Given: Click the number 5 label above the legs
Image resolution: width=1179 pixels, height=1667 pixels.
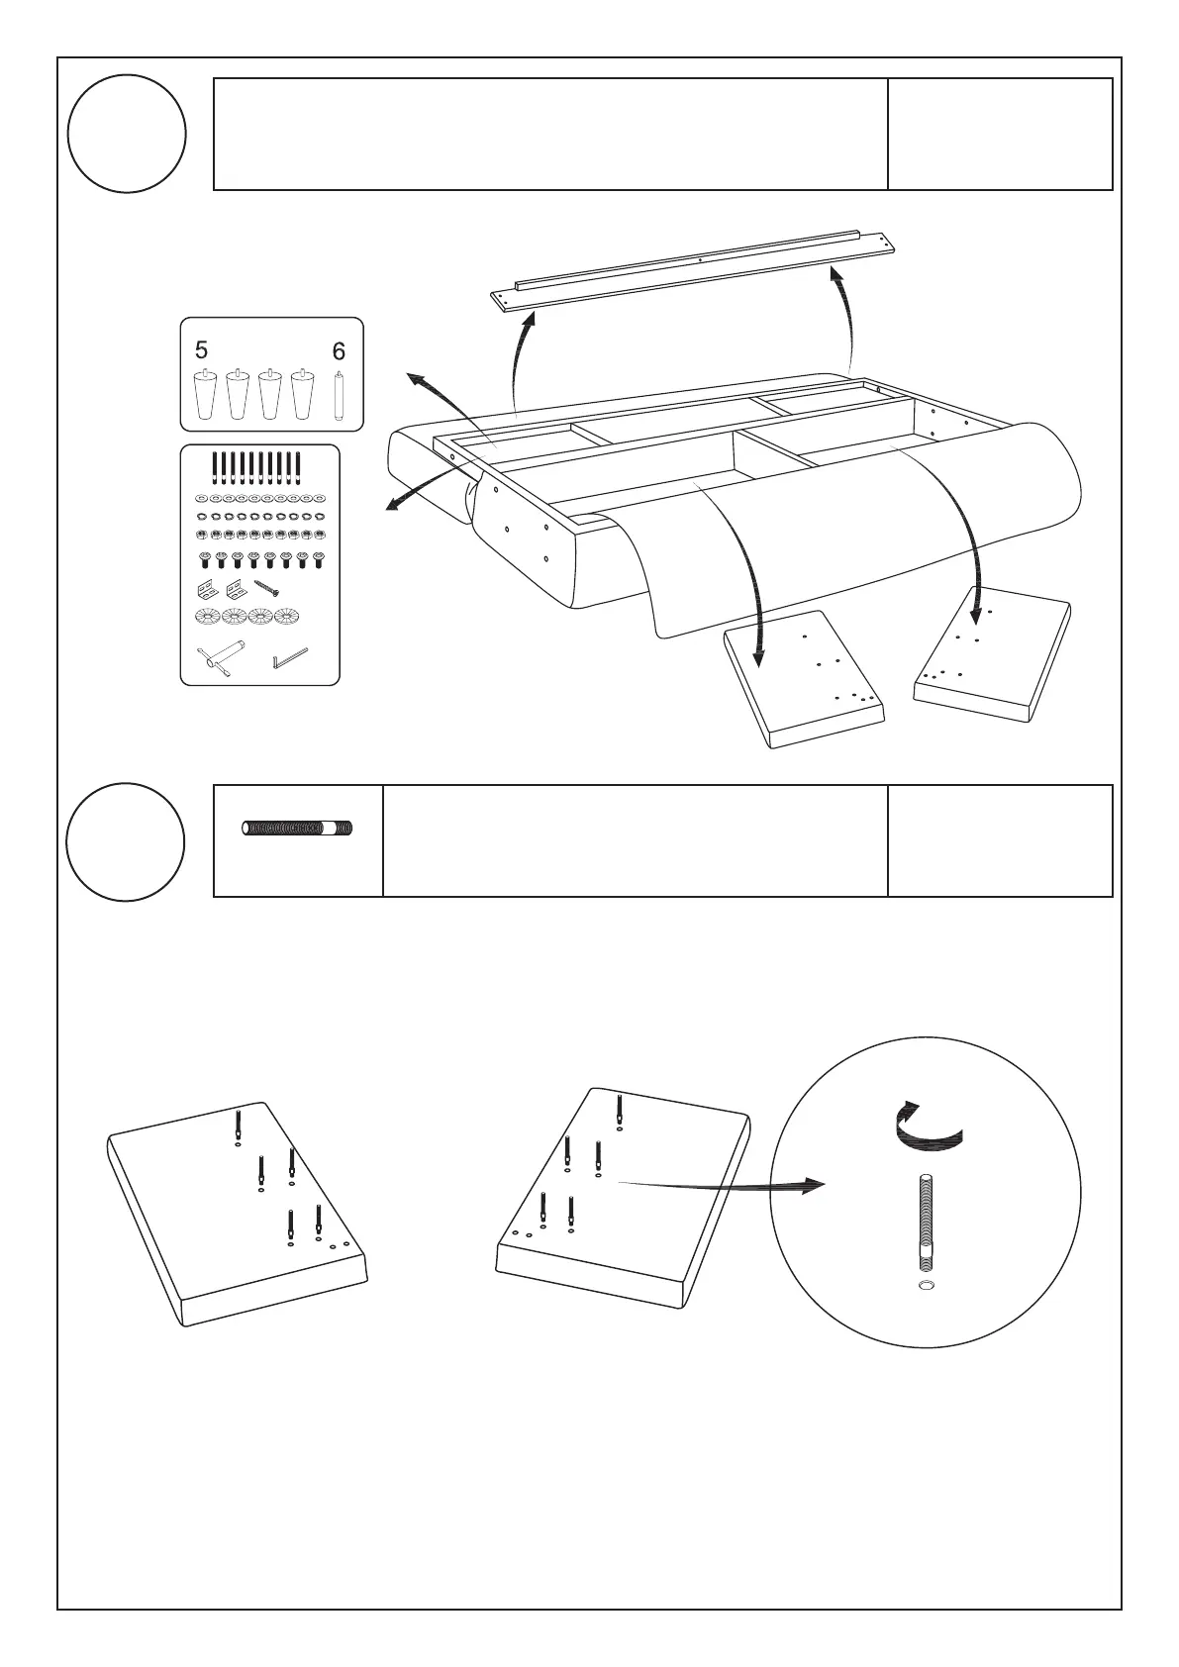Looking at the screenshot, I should pos(202,350).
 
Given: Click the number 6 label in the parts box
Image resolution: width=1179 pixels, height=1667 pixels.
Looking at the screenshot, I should pos(340,351).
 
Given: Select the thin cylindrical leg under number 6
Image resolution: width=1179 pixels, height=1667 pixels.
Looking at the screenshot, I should pos(340,397).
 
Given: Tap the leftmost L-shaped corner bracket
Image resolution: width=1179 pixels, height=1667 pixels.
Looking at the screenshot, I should pos(207,591).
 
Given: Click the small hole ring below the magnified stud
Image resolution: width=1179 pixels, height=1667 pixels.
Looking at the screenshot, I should pos(925,1285).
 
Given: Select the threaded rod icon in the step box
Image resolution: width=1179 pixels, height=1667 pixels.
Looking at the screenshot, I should pos(299,829).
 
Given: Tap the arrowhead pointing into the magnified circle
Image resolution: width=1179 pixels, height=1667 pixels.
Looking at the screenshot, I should pos(813,1185).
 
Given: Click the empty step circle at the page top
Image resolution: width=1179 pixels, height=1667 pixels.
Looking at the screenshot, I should pos(127,134).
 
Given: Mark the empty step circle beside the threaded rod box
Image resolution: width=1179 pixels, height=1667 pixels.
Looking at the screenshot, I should pos(126,842).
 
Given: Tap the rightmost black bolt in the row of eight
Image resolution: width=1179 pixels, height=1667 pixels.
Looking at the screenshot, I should pos(318,561).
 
